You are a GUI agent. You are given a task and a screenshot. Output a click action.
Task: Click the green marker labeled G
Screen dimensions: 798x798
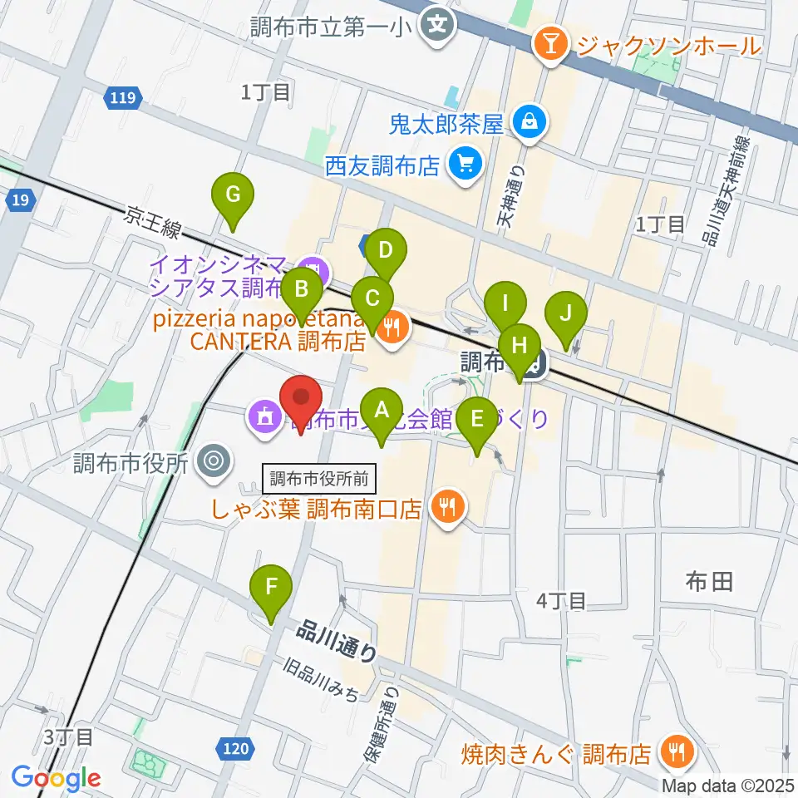click(x=234, y=197)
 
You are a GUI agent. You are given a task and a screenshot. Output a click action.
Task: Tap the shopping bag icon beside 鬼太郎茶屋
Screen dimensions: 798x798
click(x=528, y=124)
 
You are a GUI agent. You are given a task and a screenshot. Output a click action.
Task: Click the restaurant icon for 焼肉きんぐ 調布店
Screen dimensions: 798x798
click(x=671, y=753)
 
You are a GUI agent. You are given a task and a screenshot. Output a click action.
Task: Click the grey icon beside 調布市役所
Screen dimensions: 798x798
click(x=214, y=462)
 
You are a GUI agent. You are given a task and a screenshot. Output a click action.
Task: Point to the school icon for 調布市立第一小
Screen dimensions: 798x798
click(x=436, y=26)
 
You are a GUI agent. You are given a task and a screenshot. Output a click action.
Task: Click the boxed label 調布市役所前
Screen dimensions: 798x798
click(x=320, y=478)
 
